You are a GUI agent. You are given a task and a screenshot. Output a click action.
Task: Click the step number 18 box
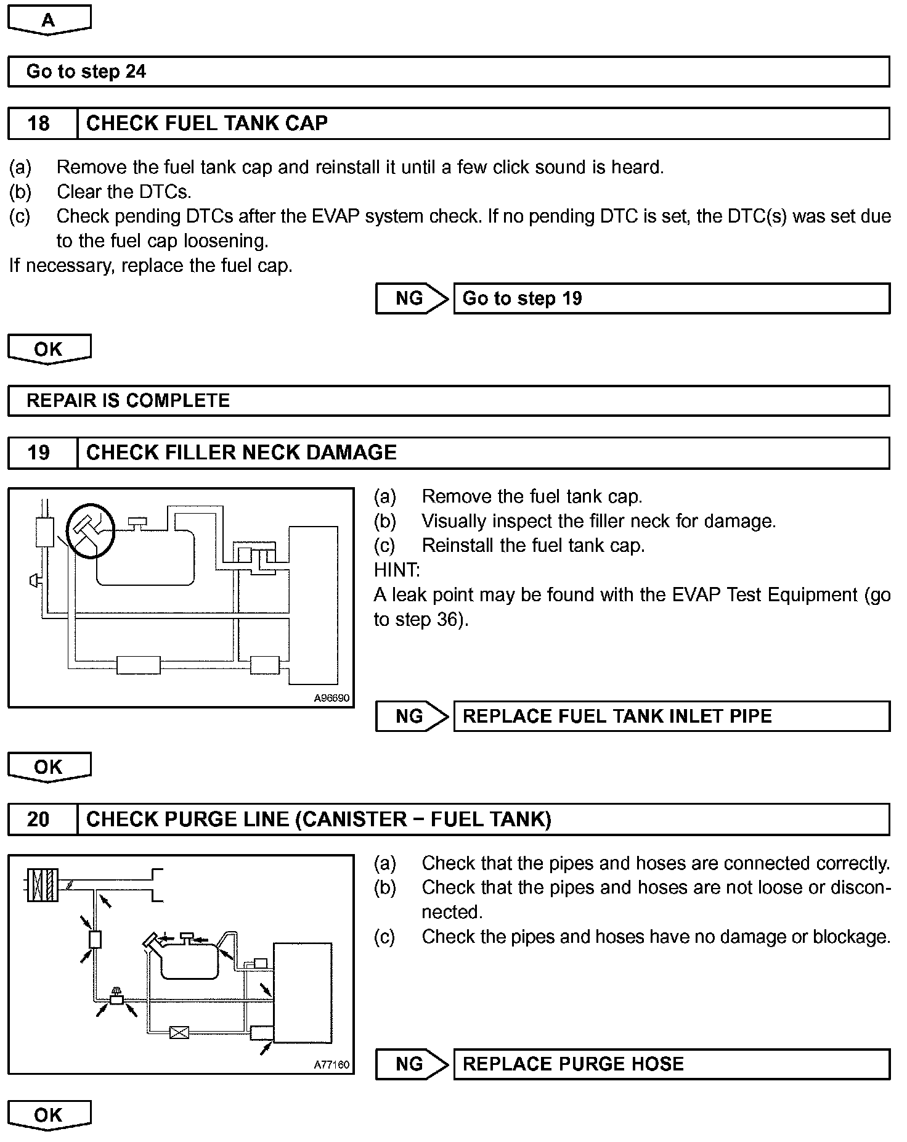point(39,123)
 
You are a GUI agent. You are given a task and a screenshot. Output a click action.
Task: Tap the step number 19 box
point(39,453)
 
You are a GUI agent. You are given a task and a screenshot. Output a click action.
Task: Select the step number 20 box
point(39,819)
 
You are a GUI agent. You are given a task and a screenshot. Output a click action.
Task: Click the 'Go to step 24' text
point(86,72)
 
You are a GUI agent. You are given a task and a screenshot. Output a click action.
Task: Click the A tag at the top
point(49,20)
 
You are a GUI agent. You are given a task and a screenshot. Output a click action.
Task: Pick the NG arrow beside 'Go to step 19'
point(410,298)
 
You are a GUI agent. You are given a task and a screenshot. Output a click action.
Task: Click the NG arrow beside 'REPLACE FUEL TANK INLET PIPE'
point(410,716)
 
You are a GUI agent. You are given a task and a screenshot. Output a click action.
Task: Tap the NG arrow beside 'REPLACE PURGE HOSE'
point(410,1064)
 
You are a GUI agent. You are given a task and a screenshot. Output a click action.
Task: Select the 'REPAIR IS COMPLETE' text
point(128,401)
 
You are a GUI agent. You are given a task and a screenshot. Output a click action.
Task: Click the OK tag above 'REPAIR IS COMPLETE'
point(49,349)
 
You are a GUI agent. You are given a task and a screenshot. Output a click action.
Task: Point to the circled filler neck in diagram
point(91,530)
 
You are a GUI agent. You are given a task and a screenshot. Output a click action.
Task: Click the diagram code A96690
point(331,698)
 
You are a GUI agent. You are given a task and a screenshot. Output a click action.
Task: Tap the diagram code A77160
point(331,1064)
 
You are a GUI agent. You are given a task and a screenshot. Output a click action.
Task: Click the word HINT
point(397,570)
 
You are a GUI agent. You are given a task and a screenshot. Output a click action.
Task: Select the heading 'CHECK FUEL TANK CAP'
point(207,123)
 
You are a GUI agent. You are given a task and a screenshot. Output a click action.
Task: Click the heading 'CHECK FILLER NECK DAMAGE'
point(242,453)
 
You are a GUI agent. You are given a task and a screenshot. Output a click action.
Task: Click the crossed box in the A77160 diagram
point(179,1032)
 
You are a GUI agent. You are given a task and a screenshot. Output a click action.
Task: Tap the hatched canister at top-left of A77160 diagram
point(43,885)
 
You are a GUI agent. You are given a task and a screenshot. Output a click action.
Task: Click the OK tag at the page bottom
point(49,1115)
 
